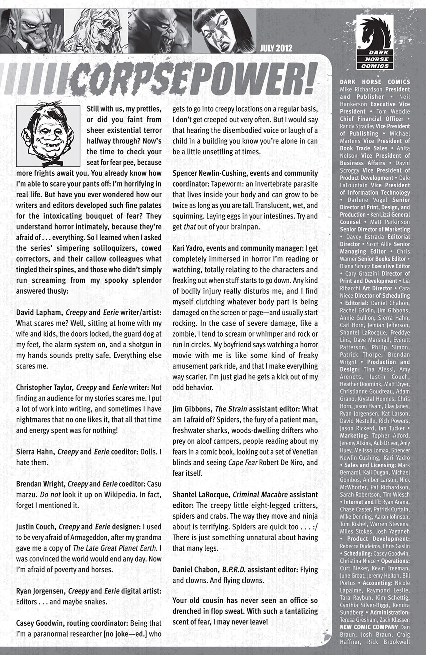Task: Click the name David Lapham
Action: point(39,312)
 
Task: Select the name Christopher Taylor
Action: point(45,388)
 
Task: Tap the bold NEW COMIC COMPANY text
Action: point(369,627)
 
